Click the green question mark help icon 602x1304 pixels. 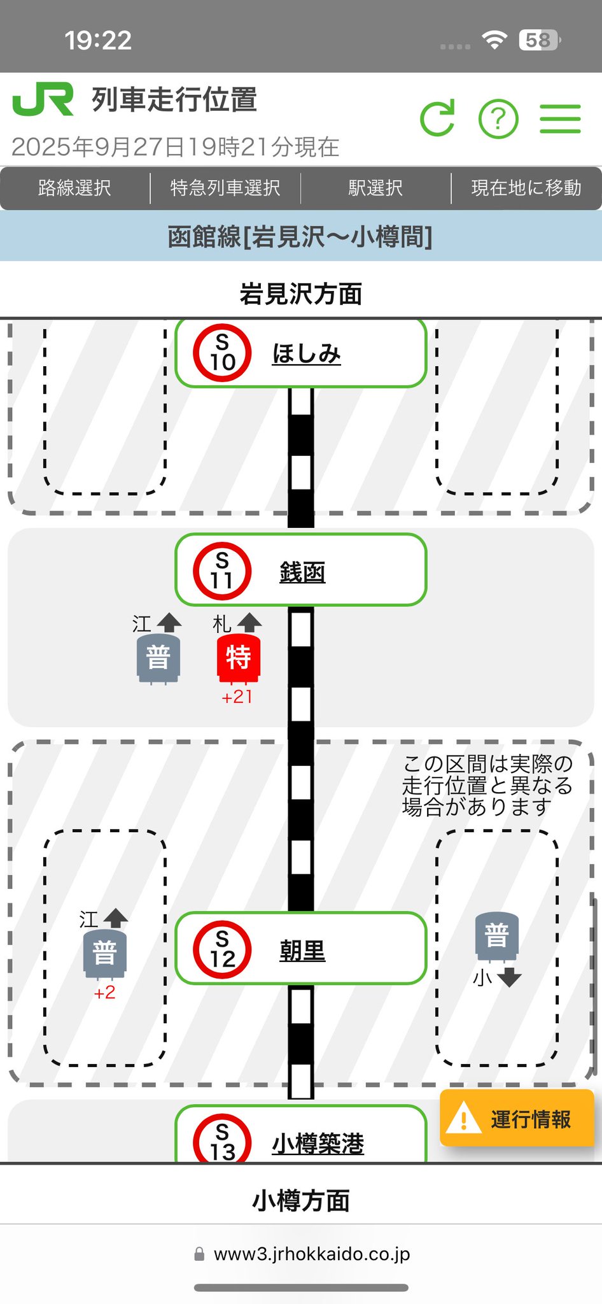pos(498,118)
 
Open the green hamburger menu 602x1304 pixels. pos(560,118)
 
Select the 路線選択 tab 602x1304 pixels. pos(74,188)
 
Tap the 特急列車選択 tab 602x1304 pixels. pos(225,188)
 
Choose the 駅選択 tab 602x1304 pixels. pos(375,188)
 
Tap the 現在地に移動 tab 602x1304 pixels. pos(526,188)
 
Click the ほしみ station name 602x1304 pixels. pos(306,354)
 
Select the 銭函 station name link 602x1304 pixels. pos(302,571)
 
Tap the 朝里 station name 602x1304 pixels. pos(302,951)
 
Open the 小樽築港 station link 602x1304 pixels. pos(318,1144)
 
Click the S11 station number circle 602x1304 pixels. pos(222,570)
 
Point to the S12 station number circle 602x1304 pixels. pos(222,949)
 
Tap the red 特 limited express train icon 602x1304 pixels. pos(238,657)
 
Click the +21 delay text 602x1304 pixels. pos(237,697)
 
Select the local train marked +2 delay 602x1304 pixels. pos(105,953)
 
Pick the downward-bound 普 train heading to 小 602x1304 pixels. pos(497,936)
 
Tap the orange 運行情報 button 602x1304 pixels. pos(517,1119)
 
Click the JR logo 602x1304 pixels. pos(43,99)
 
